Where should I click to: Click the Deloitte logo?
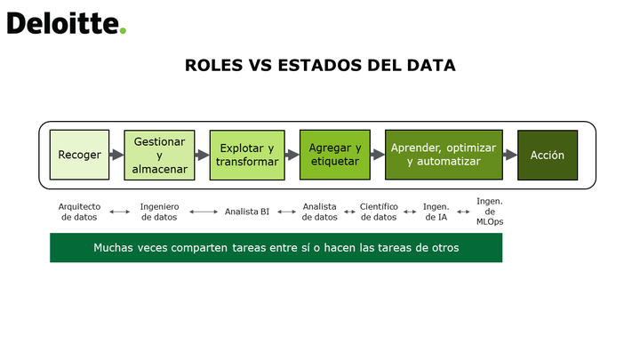(x=67, y=23)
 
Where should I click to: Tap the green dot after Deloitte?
(x=123, y=30)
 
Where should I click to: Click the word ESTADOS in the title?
(x=320, y=65)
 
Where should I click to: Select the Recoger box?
(x=80, y=155)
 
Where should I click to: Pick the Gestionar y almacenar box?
(x=160, y=155)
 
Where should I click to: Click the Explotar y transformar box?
(x=247, y=155)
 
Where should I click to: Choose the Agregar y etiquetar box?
(x=335, y=155)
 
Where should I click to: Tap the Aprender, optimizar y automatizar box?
(x=444, y=155)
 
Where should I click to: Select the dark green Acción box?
(x=548, y=155)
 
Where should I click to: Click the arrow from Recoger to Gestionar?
(x=116, y=155)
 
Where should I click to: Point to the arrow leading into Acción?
(x=510, y=155)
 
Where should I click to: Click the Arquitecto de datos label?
(x=79, y=212)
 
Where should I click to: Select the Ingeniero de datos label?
(x=159, y=212)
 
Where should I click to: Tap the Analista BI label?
(x=247, y=212)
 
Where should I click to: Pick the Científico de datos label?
(x=379, y=212)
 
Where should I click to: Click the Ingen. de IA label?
(x=436, y=212)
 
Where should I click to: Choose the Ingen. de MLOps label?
(x=490, y=212)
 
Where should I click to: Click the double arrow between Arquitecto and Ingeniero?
(x=120, y=212)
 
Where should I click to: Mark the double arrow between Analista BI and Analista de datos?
(x=286, y=212)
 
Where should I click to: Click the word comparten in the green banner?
(x=199, y=248)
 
